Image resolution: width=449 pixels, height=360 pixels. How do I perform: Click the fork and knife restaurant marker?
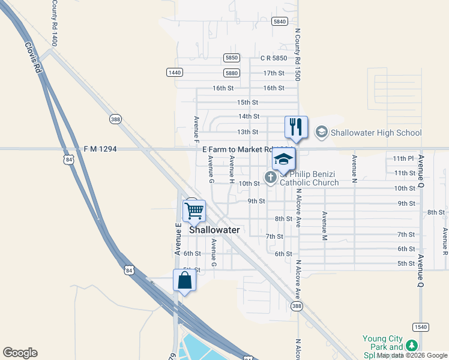(x=296, y=127)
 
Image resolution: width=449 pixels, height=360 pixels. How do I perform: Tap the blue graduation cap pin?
(x=284, y=160)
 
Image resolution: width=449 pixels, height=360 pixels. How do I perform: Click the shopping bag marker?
(x=184, y=280)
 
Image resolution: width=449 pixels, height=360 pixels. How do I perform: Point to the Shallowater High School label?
(x=376, y=133)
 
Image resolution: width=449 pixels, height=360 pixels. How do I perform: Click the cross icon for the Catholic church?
(x=270, y=177)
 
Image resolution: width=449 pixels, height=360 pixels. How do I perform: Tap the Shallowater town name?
(x=214, y=230)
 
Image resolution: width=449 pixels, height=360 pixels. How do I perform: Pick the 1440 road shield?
(x=174, y=72)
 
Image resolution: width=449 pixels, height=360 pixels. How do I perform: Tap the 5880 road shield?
(x=232, y=73)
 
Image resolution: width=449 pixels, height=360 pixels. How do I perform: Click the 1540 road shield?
(x=420, y=326)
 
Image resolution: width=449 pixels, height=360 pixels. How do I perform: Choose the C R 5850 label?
(x=273, y=58)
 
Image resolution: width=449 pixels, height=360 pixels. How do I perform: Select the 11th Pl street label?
(x=403, y=158)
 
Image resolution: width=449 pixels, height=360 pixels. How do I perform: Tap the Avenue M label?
(x=325, y=222)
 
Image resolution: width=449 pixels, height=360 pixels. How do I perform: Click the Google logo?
(x=20, y=353)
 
